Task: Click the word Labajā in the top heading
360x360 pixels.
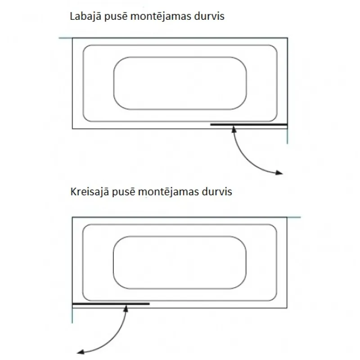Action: click(85, 17)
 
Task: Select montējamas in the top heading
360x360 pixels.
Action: click(161, 17)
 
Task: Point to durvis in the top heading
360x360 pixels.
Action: click(209, 16)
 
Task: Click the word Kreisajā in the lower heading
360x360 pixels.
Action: click(90, 192)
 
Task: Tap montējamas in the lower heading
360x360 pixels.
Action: click(168, 192)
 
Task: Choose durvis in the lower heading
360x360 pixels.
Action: click(217, 192)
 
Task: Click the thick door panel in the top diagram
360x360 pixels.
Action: click(249, 125)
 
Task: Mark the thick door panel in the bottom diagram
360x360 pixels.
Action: click(111, 304)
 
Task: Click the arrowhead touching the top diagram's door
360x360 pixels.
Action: click(234, 129)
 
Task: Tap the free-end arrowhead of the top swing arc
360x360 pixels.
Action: click(279, 173)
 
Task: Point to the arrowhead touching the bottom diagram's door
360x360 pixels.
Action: click(126, 308)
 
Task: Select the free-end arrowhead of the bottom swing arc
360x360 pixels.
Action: click(81, 351)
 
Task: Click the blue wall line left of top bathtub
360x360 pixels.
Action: click(66, 38)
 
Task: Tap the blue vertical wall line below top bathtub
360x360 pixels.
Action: click(288, 136)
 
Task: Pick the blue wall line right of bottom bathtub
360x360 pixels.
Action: click(294, 217)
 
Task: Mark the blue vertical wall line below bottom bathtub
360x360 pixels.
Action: click(72, 315)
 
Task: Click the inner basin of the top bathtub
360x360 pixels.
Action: click(180, 57)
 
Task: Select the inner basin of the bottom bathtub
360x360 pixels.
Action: click(180, 236)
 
